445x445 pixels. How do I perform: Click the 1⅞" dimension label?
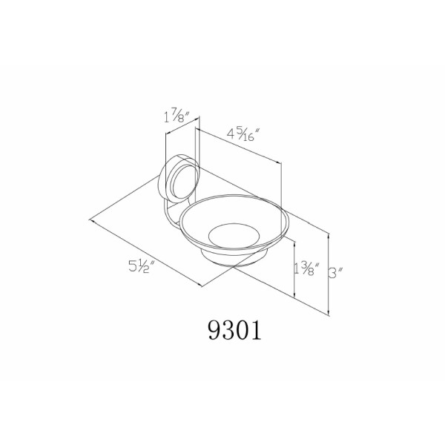(x=177, y=116)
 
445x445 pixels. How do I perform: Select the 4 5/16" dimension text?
(x=243, y=134)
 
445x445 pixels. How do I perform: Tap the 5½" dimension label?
(x=142, y=266)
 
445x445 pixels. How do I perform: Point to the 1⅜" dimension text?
(x=307, y=268)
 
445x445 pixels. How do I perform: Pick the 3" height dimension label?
(x=336, y=273)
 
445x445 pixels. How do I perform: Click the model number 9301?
(x=234, y=330)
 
